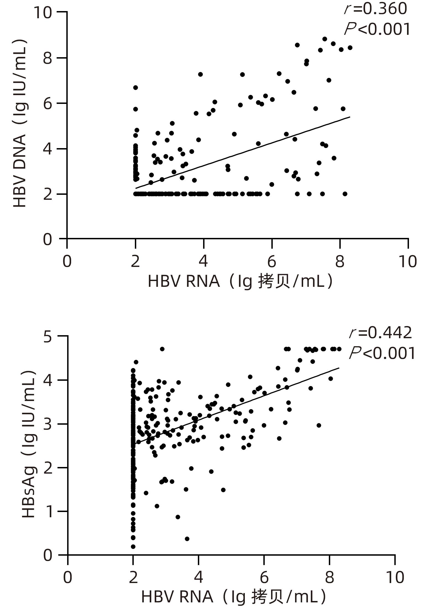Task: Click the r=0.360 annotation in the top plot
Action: tap(376, 9)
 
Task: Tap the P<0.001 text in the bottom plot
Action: tap(382, 353)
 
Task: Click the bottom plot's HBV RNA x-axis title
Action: tap(234, 597)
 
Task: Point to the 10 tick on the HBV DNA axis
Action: tap(43, 12)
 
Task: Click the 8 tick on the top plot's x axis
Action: tap(340, 261)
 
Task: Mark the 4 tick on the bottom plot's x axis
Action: tap(199, 577)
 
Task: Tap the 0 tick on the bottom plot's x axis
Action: tap(68, 577)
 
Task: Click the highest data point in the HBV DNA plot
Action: tap(325, 39)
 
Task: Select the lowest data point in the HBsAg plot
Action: tap(133, 547)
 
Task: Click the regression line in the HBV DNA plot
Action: tap(243, 152)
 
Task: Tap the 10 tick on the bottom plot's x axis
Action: tap(395, 577)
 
